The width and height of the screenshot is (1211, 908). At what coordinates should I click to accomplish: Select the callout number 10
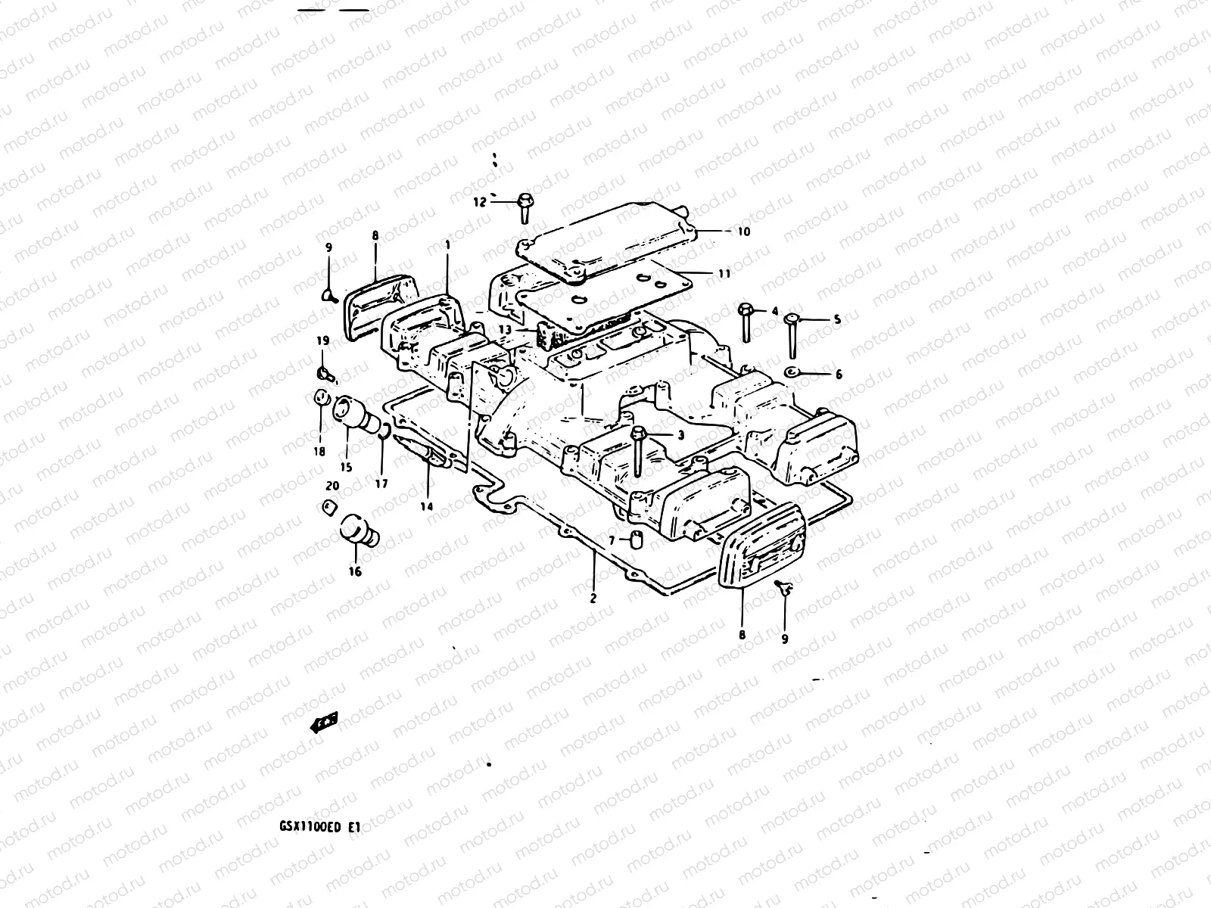[744, 232]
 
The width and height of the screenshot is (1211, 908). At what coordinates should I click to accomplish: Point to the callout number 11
[724, 273]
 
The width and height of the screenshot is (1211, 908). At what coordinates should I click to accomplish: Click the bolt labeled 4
[746, 322]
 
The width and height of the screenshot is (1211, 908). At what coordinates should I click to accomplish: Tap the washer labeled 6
[792, 373]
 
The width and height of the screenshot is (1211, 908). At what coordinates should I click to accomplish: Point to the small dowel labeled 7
[637, 540]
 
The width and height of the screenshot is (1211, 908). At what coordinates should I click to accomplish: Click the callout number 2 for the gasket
[593, 598]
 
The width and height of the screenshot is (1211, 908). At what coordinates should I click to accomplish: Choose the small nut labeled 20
[328, 506]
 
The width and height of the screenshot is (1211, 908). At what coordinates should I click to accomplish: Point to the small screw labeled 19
[323, 372]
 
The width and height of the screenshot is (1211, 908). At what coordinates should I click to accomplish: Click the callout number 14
[427, 506]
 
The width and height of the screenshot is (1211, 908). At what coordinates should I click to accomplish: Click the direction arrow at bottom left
[325, 723]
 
